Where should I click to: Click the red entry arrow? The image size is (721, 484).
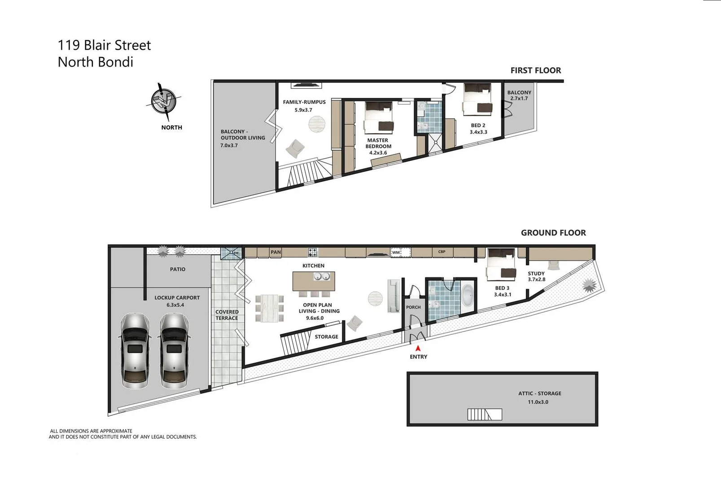418,347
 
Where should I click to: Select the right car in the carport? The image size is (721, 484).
175,351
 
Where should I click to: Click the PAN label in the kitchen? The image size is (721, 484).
275,252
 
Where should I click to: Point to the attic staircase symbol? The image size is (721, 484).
484,415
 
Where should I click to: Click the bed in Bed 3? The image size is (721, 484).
502,264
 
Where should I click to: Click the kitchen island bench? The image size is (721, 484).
314,281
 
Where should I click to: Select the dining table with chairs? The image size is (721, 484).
269,308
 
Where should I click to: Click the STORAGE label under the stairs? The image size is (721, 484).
326,337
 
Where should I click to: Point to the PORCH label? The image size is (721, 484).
413,307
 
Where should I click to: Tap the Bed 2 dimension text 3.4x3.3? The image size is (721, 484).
478,132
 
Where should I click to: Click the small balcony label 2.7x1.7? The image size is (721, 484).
519,99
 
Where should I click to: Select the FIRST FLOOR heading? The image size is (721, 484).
535,70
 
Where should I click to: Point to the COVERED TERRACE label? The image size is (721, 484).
227,315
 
